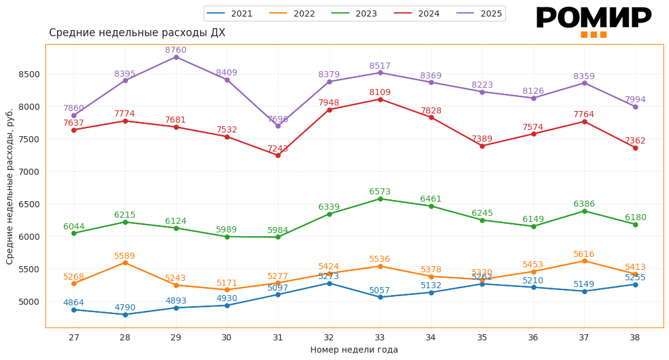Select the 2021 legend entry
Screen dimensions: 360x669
click(x=230, y=13)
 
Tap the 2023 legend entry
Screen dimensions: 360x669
click(x=354, y=13)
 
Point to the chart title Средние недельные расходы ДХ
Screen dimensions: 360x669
click(x=137, y=33)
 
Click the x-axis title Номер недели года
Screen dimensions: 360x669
click(x=354, y=350)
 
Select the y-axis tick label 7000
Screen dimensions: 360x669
click(x=29, y=172)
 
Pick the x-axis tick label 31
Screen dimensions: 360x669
click(x=278, y=337)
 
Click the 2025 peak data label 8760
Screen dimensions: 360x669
click(x=175, y=50)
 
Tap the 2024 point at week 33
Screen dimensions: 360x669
click(x=380, y=99)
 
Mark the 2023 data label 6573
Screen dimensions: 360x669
click(x=380, y=192)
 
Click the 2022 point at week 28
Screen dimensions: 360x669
click(x=125, y=262)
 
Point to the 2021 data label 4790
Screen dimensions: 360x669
click(x=125, y=308)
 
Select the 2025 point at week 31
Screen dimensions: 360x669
click(x=278, y=126)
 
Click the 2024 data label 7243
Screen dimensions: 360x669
click(x=278, y=149)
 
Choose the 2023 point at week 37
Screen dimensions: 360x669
click(x=584, y=211)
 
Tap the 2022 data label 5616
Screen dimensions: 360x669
click(x=584, y=255)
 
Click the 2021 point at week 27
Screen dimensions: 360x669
click(x=74, y=310)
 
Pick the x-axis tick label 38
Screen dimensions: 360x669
click(x=635, y=337)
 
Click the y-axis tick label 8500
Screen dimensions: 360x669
click(x=29, y=75)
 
